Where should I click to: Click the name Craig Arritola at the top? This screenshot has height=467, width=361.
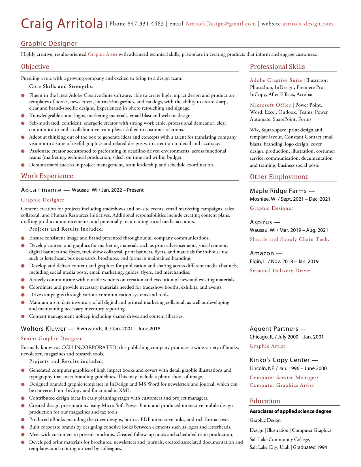pos(62,24)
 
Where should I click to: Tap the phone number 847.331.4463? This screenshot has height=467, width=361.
pos(146,24)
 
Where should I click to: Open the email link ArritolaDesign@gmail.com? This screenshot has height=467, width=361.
pos(221,24)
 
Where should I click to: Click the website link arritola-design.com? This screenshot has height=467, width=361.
pos(308,24)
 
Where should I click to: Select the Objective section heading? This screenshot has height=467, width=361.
pos(35,67)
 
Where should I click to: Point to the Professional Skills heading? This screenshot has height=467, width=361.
pos(277,67)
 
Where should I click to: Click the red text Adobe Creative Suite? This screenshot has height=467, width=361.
pos(276,80)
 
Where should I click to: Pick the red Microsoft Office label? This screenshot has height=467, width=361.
pos(270,105)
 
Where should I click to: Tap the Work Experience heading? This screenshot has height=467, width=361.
pos(47,176)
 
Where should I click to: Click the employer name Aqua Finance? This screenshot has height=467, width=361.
pos(41,190)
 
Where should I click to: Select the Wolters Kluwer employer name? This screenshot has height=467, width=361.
pos(43,329)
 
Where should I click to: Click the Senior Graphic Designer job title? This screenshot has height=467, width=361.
pos(51,339)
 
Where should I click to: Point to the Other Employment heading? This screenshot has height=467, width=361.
pos(279,177)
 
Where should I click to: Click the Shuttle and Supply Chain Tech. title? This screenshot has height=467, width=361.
pos(289,239)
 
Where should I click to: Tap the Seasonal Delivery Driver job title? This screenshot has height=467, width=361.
pos(280,271)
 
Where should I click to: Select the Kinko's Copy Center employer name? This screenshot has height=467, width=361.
pos(279,360)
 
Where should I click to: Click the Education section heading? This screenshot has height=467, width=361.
pos(265,401)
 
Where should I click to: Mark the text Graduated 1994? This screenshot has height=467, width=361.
pos(310,447)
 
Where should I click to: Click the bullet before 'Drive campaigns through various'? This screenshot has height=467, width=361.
pos(23,295)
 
